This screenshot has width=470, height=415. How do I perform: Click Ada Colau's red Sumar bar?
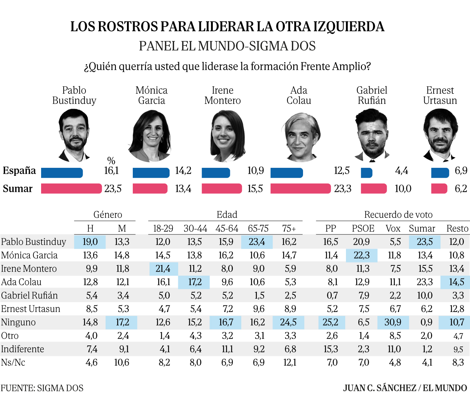300,188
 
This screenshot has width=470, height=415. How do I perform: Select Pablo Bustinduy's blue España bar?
62,173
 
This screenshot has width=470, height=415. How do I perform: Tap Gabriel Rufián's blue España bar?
367,173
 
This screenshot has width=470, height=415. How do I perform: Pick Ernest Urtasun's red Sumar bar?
439,188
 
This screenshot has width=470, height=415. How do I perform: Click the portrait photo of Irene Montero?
228,136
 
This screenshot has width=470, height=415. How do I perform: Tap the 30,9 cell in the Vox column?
393,322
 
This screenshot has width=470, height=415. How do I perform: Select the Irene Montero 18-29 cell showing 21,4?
163,269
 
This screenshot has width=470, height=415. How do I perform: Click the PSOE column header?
363,229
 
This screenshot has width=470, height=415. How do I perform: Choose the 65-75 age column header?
258,229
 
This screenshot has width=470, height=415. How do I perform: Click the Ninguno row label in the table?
18,322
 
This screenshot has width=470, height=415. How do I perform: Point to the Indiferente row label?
23,349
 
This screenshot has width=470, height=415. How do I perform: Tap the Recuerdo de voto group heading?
398,214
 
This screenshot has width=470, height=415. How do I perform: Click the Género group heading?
108,214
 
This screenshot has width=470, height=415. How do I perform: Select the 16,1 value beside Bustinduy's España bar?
111,171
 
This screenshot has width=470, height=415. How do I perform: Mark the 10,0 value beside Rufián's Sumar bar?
403,189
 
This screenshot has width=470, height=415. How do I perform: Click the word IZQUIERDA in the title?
348,27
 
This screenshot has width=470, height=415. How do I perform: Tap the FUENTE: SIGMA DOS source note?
42,388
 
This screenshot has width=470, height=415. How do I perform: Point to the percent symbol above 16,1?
111,161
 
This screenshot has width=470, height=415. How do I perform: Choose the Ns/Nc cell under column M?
122,363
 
